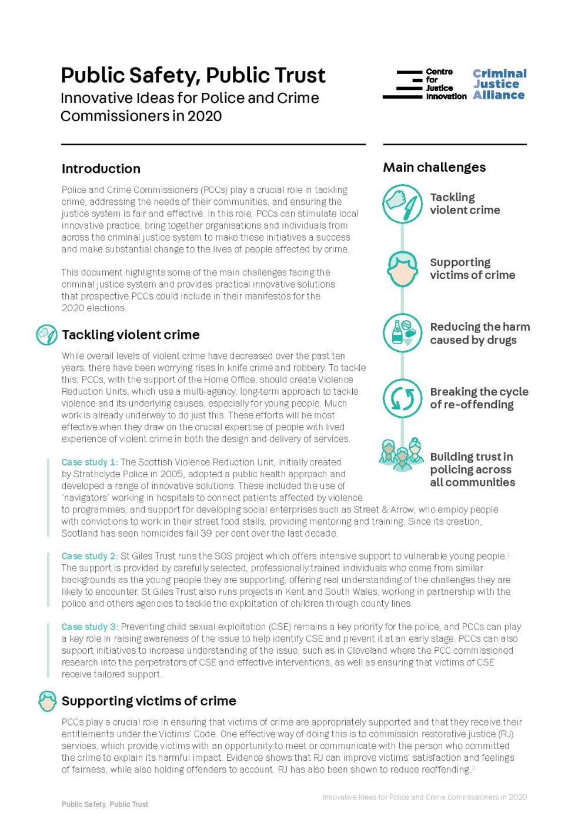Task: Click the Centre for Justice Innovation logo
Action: pyautogui.click(x=425, y=85)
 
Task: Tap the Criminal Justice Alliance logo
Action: pyautogui.click(x=499, y=85)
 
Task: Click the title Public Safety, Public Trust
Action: pyautogui.click(x=193, y=75)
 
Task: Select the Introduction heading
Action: pyautogui.click(x=101, y=169)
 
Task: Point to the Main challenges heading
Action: pyautogui.click(x=434, y=167)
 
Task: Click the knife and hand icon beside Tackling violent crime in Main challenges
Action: pyautogui.click(x=403, y=204)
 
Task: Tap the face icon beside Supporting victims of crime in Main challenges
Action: pyautogui.click(x=403, y=269)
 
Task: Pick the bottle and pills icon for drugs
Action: pyautogui.click(x=403, y=333)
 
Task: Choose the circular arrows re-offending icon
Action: pyautogui.click(x=403, y=398)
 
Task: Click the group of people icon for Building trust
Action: pyautogui.click(x=402, y=454)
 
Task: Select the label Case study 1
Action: pyautogui.click(x=89, y=462)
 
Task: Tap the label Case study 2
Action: pyautogui.click(x=89, y=556)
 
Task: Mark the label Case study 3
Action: pyautogui.click(x=89, y=627)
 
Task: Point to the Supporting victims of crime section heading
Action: pyautogui.click(x=149, y=701)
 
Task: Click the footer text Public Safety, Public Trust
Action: pyautogui.click(x=105, y=804)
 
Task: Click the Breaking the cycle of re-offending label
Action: pyautogui.click(x=479, y=398)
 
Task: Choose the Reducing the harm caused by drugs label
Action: pyautogui.click(x=479, y=333)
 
